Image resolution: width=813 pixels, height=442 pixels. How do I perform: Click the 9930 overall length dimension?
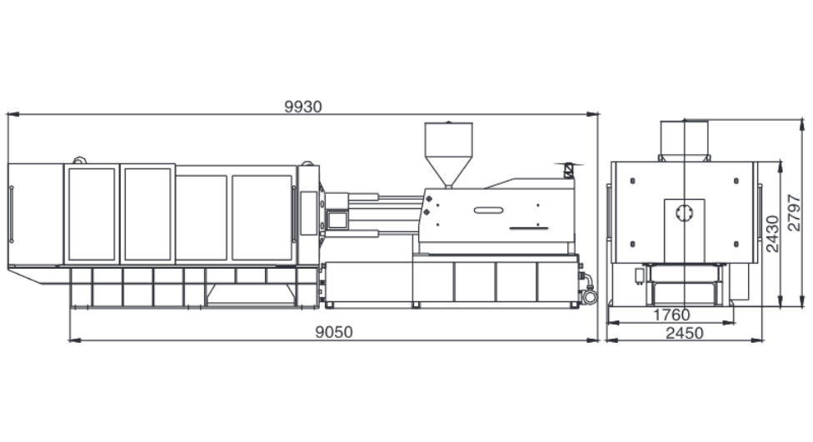click(x=303, y=107)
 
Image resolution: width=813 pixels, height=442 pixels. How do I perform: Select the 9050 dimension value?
click(x=334, y=332)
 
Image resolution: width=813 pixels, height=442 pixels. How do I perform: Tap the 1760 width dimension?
click(x=671, y=315)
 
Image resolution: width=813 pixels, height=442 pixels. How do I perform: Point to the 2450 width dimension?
click(x=685, y=333)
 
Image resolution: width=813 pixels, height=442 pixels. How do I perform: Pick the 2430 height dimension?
click(x=772, y=234)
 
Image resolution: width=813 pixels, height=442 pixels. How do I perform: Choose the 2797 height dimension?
click(x=794, y=212)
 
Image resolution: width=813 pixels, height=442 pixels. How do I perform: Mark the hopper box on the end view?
click(x=684, y=141)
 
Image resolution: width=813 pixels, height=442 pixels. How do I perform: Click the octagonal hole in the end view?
click(x=685, y=212)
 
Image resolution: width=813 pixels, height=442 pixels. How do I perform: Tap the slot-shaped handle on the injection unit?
click(x=488, y=211)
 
